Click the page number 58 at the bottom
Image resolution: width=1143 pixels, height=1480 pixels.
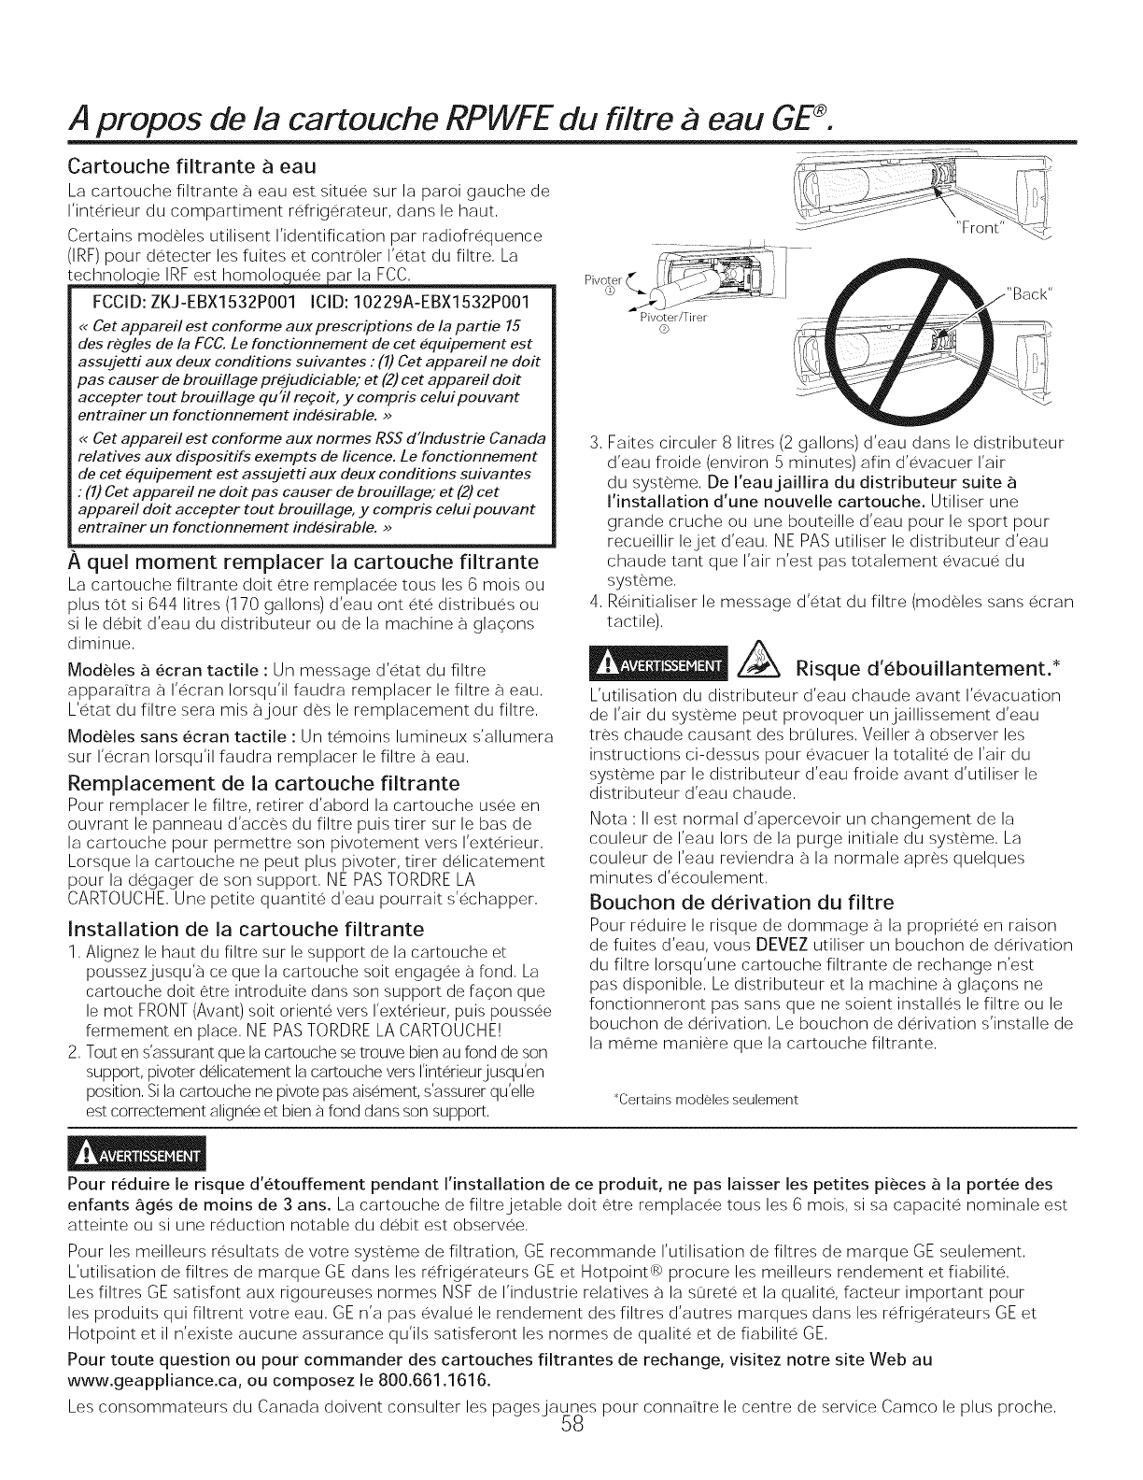click(571, 1451)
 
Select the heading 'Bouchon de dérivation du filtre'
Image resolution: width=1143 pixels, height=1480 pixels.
click(742, 903)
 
